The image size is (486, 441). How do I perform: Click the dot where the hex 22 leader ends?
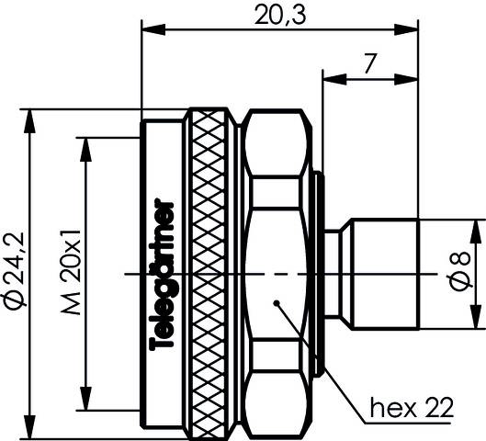pos(276,302)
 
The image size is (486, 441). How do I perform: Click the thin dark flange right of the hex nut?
pos(318,273)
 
